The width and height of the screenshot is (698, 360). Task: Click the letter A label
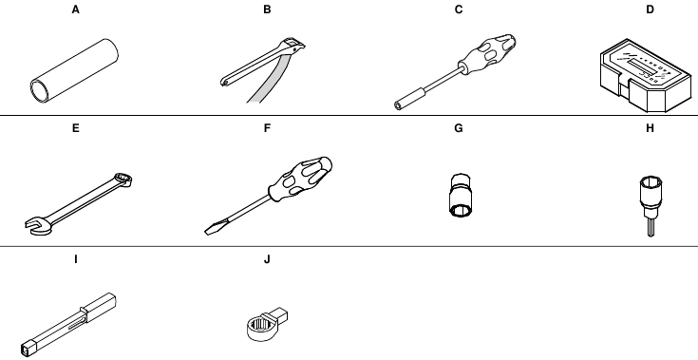coord(76,9)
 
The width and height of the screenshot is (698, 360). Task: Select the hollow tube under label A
coord(74,71)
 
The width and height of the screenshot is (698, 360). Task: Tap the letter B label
coord(267,9)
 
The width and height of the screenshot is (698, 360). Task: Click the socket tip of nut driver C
coord(398,105)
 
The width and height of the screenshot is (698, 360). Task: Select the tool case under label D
coord(646,76)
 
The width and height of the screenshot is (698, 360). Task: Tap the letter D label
coord(650,9)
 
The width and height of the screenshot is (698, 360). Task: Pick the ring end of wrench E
coord(123,180)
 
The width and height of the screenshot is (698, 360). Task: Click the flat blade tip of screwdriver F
coord(208,231)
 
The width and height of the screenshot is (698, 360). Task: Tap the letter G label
coord(459,128)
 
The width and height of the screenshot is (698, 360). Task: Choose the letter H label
coord(650,128)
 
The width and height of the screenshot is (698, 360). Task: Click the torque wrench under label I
coord(68,325)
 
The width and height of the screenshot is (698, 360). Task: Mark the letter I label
coord(76,259)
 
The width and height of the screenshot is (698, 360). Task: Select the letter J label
coord(267,259)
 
